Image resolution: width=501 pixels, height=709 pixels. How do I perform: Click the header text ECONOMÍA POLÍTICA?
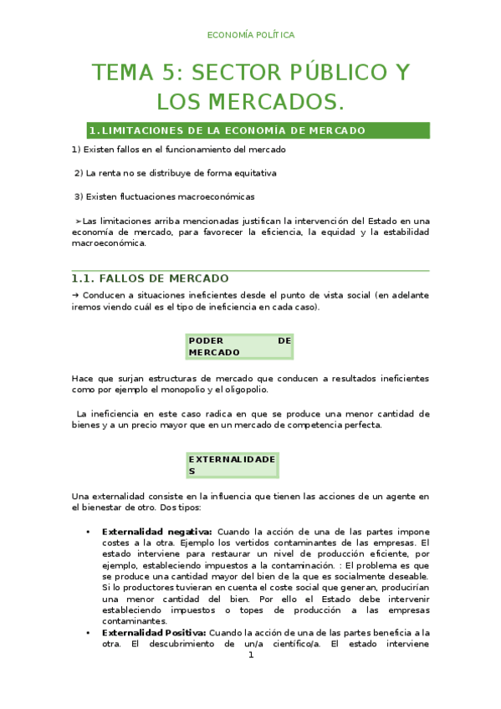pos(250,35)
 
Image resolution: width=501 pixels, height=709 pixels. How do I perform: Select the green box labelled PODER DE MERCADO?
pos(239,346)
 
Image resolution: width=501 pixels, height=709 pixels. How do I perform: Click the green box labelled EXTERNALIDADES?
pos(232,465)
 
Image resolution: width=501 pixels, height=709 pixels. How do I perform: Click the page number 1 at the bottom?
pos(250,655)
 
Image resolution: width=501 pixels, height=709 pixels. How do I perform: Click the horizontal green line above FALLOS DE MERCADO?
pos(250,271)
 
